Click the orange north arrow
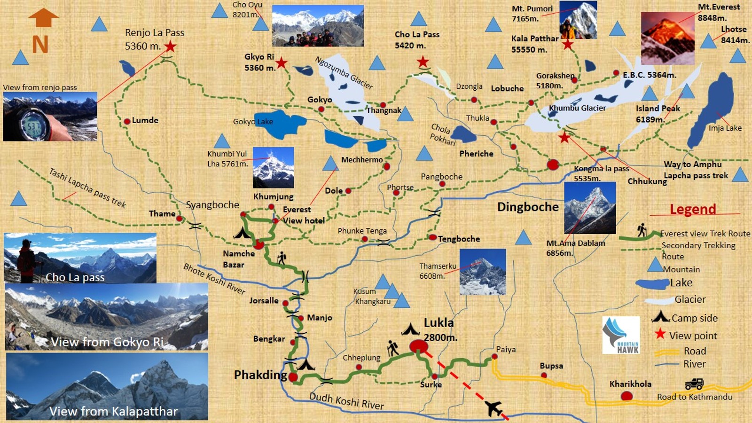pos(43,19)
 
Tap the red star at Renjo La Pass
pos(170,47)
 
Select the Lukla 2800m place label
pos(439,329)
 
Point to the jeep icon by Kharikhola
pos(694,384)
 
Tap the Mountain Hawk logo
pos(621,335)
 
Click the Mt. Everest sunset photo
pos(667,39)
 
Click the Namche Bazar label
pos(238,259)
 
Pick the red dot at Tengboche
pos(432,237)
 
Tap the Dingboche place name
pos(528,207)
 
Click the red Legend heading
pos(693,209)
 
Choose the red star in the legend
pos(660,334)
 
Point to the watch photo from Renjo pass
pos(50,117)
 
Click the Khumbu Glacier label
pos(577,108)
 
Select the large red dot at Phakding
pos(293,377)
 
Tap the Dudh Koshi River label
pos(346,401)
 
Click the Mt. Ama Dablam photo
pos(589,208)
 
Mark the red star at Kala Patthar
pos(568,45)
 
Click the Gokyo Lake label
pos(253,122)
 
